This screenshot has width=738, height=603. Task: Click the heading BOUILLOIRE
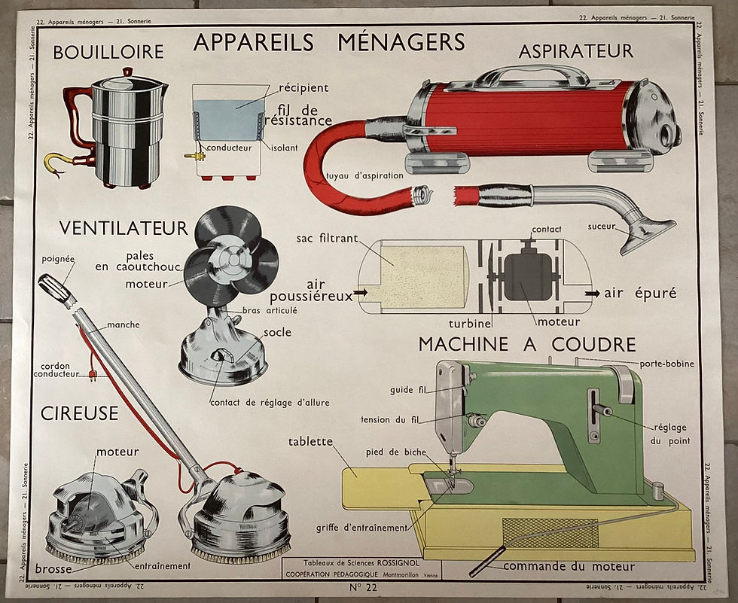108,52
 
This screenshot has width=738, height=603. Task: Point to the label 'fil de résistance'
303,114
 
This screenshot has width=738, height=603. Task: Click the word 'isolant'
284,148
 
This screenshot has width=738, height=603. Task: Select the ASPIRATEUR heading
576,51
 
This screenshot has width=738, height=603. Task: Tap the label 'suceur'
602,226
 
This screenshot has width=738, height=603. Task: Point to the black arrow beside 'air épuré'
592,293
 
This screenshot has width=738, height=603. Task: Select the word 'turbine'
470,323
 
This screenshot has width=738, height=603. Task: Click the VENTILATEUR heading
124,227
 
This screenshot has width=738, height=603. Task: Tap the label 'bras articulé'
270,310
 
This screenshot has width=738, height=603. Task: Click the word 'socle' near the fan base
277,332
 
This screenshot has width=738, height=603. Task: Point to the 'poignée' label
59,259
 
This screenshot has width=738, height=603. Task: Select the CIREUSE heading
80,413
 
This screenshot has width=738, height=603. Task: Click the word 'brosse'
53,569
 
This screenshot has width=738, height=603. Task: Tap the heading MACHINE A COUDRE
527,344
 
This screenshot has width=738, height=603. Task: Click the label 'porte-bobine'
667,364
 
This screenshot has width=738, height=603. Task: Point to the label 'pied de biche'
395,452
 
